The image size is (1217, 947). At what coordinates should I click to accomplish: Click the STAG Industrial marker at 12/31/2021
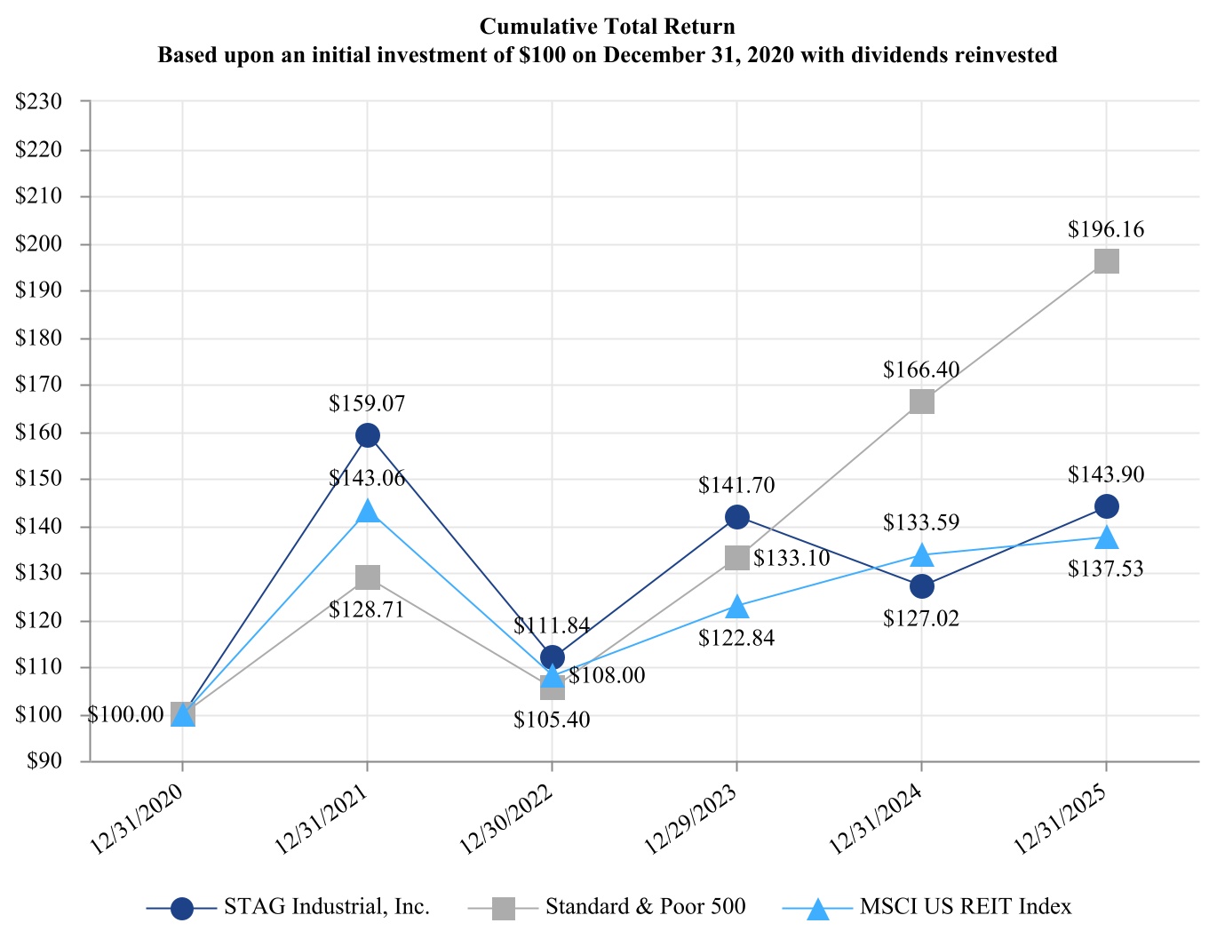click(x=368, y=435)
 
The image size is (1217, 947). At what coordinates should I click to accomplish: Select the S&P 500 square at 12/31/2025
click(x=1106, y=261)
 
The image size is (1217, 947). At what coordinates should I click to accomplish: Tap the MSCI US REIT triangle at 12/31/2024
click(x=921, y=555)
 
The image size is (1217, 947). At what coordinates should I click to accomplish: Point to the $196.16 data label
click(x=1106, y=230)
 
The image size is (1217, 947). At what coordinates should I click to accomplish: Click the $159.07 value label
click(x=367, y=404)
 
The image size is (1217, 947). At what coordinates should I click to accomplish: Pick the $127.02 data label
click(x=921, y=619)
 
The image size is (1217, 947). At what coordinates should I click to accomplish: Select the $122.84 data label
click(x=736, y=639)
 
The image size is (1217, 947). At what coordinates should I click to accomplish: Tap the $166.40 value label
click(x=921, y=370)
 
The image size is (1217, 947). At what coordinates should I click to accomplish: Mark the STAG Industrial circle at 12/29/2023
click(x=736, y=517)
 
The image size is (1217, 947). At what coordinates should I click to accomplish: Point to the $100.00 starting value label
click(x=125, y=715)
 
